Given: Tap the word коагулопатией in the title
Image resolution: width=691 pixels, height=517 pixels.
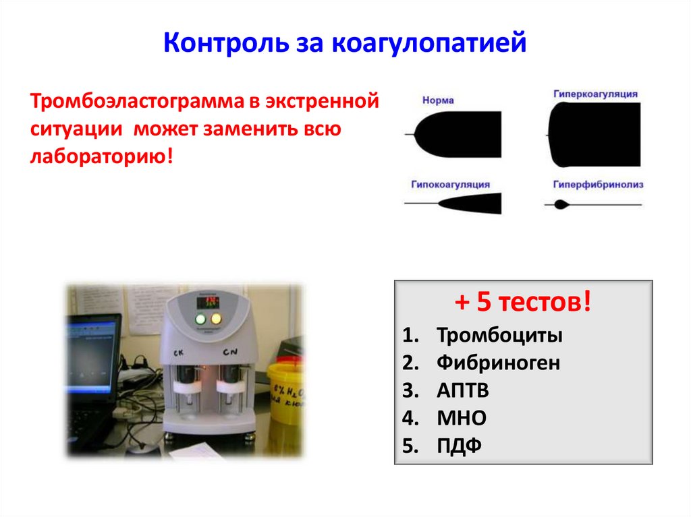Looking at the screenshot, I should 428,45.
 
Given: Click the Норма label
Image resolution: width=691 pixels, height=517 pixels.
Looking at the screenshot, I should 438,100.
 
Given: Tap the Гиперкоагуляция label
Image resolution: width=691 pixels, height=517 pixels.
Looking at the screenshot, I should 596,94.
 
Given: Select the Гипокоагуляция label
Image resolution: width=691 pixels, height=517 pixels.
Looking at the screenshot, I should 449,183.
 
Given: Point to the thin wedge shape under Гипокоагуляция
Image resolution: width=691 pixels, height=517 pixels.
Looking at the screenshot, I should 472,202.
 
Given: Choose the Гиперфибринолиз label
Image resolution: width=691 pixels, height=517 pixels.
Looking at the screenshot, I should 598,183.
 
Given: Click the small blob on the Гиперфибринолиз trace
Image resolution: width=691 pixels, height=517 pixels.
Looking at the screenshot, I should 559,205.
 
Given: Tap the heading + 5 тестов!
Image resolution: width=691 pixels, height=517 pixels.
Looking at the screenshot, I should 522,303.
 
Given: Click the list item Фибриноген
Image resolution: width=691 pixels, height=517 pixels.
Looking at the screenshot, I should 498,363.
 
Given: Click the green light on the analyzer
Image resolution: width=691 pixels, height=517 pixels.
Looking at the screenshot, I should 200,319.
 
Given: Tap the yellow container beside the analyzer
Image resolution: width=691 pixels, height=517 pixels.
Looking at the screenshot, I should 287,391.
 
